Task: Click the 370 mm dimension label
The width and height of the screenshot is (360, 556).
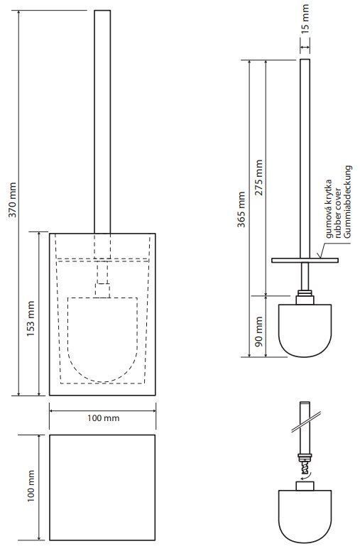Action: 12,200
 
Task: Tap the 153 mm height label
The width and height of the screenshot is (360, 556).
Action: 31,318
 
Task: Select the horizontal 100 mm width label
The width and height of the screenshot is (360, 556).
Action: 104,418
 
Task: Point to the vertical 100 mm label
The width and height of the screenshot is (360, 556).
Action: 31,486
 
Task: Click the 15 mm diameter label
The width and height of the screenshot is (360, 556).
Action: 305,18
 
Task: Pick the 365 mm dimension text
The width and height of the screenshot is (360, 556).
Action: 241,209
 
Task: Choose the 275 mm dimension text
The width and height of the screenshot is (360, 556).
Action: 258,178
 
